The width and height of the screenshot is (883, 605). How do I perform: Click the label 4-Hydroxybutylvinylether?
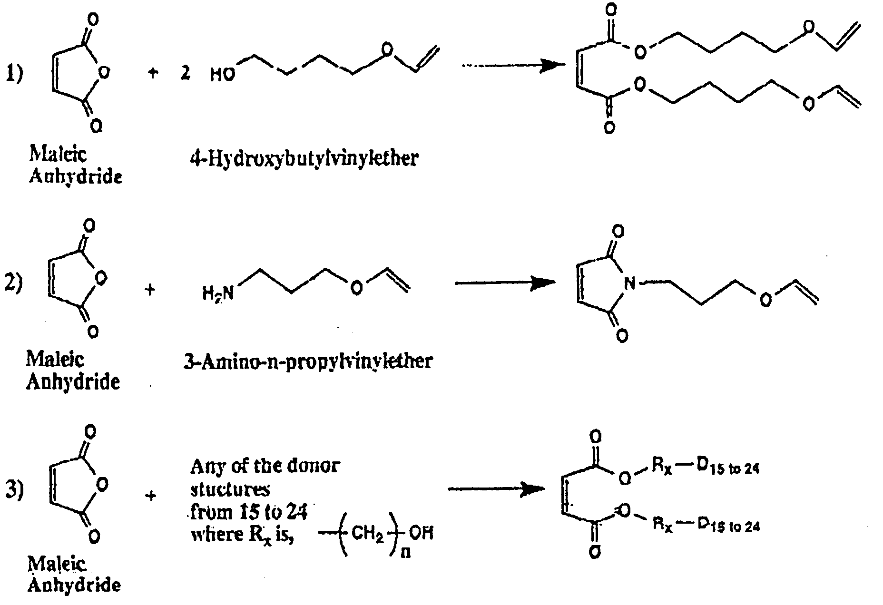point(304,157)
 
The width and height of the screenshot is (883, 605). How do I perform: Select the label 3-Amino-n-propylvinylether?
point(307,361)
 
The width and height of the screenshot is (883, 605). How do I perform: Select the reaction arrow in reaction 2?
point(505,283)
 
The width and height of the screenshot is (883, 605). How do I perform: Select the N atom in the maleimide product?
point(629,284)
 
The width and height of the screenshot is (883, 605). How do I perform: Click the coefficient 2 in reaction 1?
point(185,74)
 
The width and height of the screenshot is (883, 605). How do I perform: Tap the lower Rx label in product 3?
point(662,526)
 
